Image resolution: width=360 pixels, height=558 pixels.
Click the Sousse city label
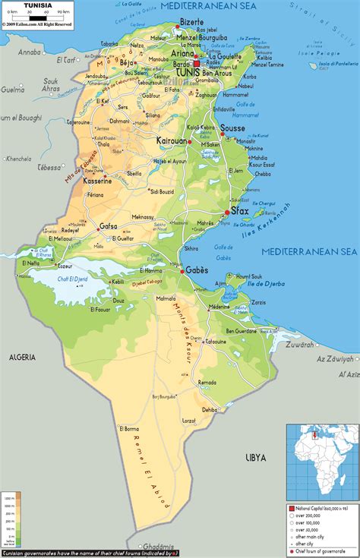pos(234,129)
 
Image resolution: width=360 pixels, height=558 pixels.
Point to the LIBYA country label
pos(256,457)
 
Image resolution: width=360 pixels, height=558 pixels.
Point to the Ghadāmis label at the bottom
pos(158,546)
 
